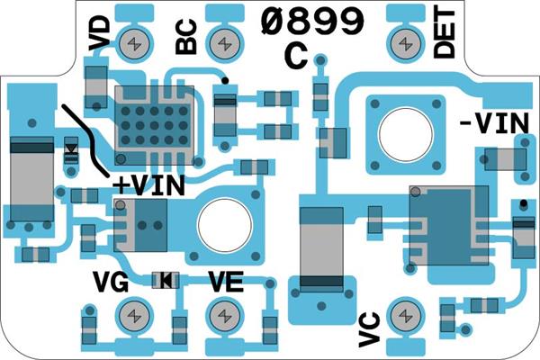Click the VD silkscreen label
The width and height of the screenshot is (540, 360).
(101, 33)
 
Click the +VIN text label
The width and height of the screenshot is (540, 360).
(149, 184)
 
